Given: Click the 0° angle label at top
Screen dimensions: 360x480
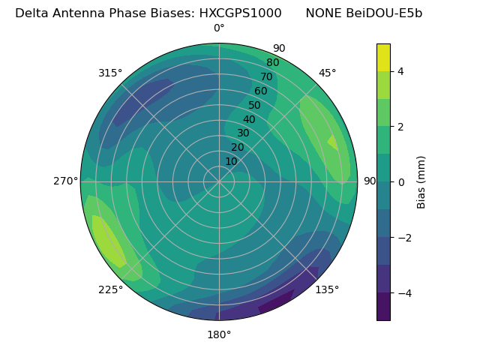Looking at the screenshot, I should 219,28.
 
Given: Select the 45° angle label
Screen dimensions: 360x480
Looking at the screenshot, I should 327,73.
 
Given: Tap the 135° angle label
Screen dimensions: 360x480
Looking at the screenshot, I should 327,290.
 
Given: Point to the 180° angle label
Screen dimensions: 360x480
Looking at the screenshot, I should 219,334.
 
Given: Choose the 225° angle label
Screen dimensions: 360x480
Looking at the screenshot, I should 110,290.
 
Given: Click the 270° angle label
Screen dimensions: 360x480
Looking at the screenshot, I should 66,181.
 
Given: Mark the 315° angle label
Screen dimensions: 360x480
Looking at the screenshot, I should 110,73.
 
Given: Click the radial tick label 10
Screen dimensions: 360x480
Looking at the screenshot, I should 231,161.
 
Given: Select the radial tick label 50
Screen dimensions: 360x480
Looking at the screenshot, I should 255,105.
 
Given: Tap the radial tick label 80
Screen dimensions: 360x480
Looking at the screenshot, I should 273,62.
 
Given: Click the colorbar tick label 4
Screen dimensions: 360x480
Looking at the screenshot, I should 401,71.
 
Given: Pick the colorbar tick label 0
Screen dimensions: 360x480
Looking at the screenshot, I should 401,182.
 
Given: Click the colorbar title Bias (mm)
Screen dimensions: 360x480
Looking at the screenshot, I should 421,182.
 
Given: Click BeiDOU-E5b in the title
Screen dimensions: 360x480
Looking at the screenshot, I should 385,13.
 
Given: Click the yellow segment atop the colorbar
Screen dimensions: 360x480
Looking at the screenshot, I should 383,57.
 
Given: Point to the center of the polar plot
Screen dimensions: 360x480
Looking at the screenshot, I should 219,181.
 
